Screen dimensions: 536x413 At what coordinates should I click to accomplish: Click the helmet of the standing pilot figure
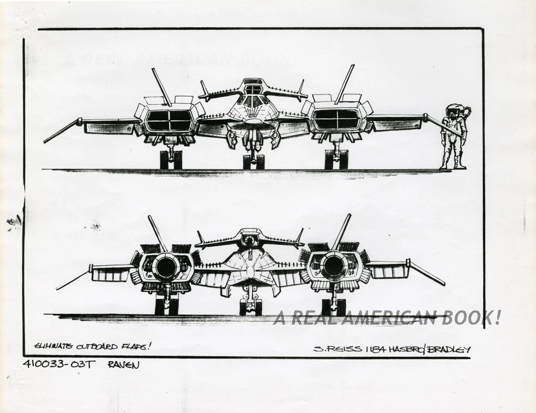pos(452,111)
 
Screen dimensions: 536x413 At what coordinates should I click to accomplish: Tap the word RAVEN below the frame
pos(123,364)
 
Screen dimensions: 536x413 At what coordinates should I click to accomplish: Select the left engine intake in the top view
pos(170,120)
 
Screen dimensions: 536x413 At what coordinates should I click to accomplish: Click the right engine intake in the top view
pos(337,119)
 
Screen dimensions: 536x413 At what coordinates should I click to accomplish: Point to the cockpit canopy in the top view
pos(253,101)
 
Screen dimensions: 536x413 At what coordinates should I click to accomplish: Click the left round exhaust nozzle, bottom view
pos(166,267)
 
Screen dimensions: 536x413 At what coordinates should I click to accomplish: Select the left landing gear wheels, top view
pos(171,159)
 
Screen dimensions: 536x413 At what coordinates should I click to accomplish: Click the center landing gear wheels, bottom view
pos(250,308)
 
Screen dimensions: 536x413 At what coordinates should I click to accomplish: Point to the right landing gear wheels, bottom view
pos(333,307)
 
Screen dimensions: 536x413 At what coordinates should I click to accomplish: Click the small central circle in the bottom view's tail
pos(250,240)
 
